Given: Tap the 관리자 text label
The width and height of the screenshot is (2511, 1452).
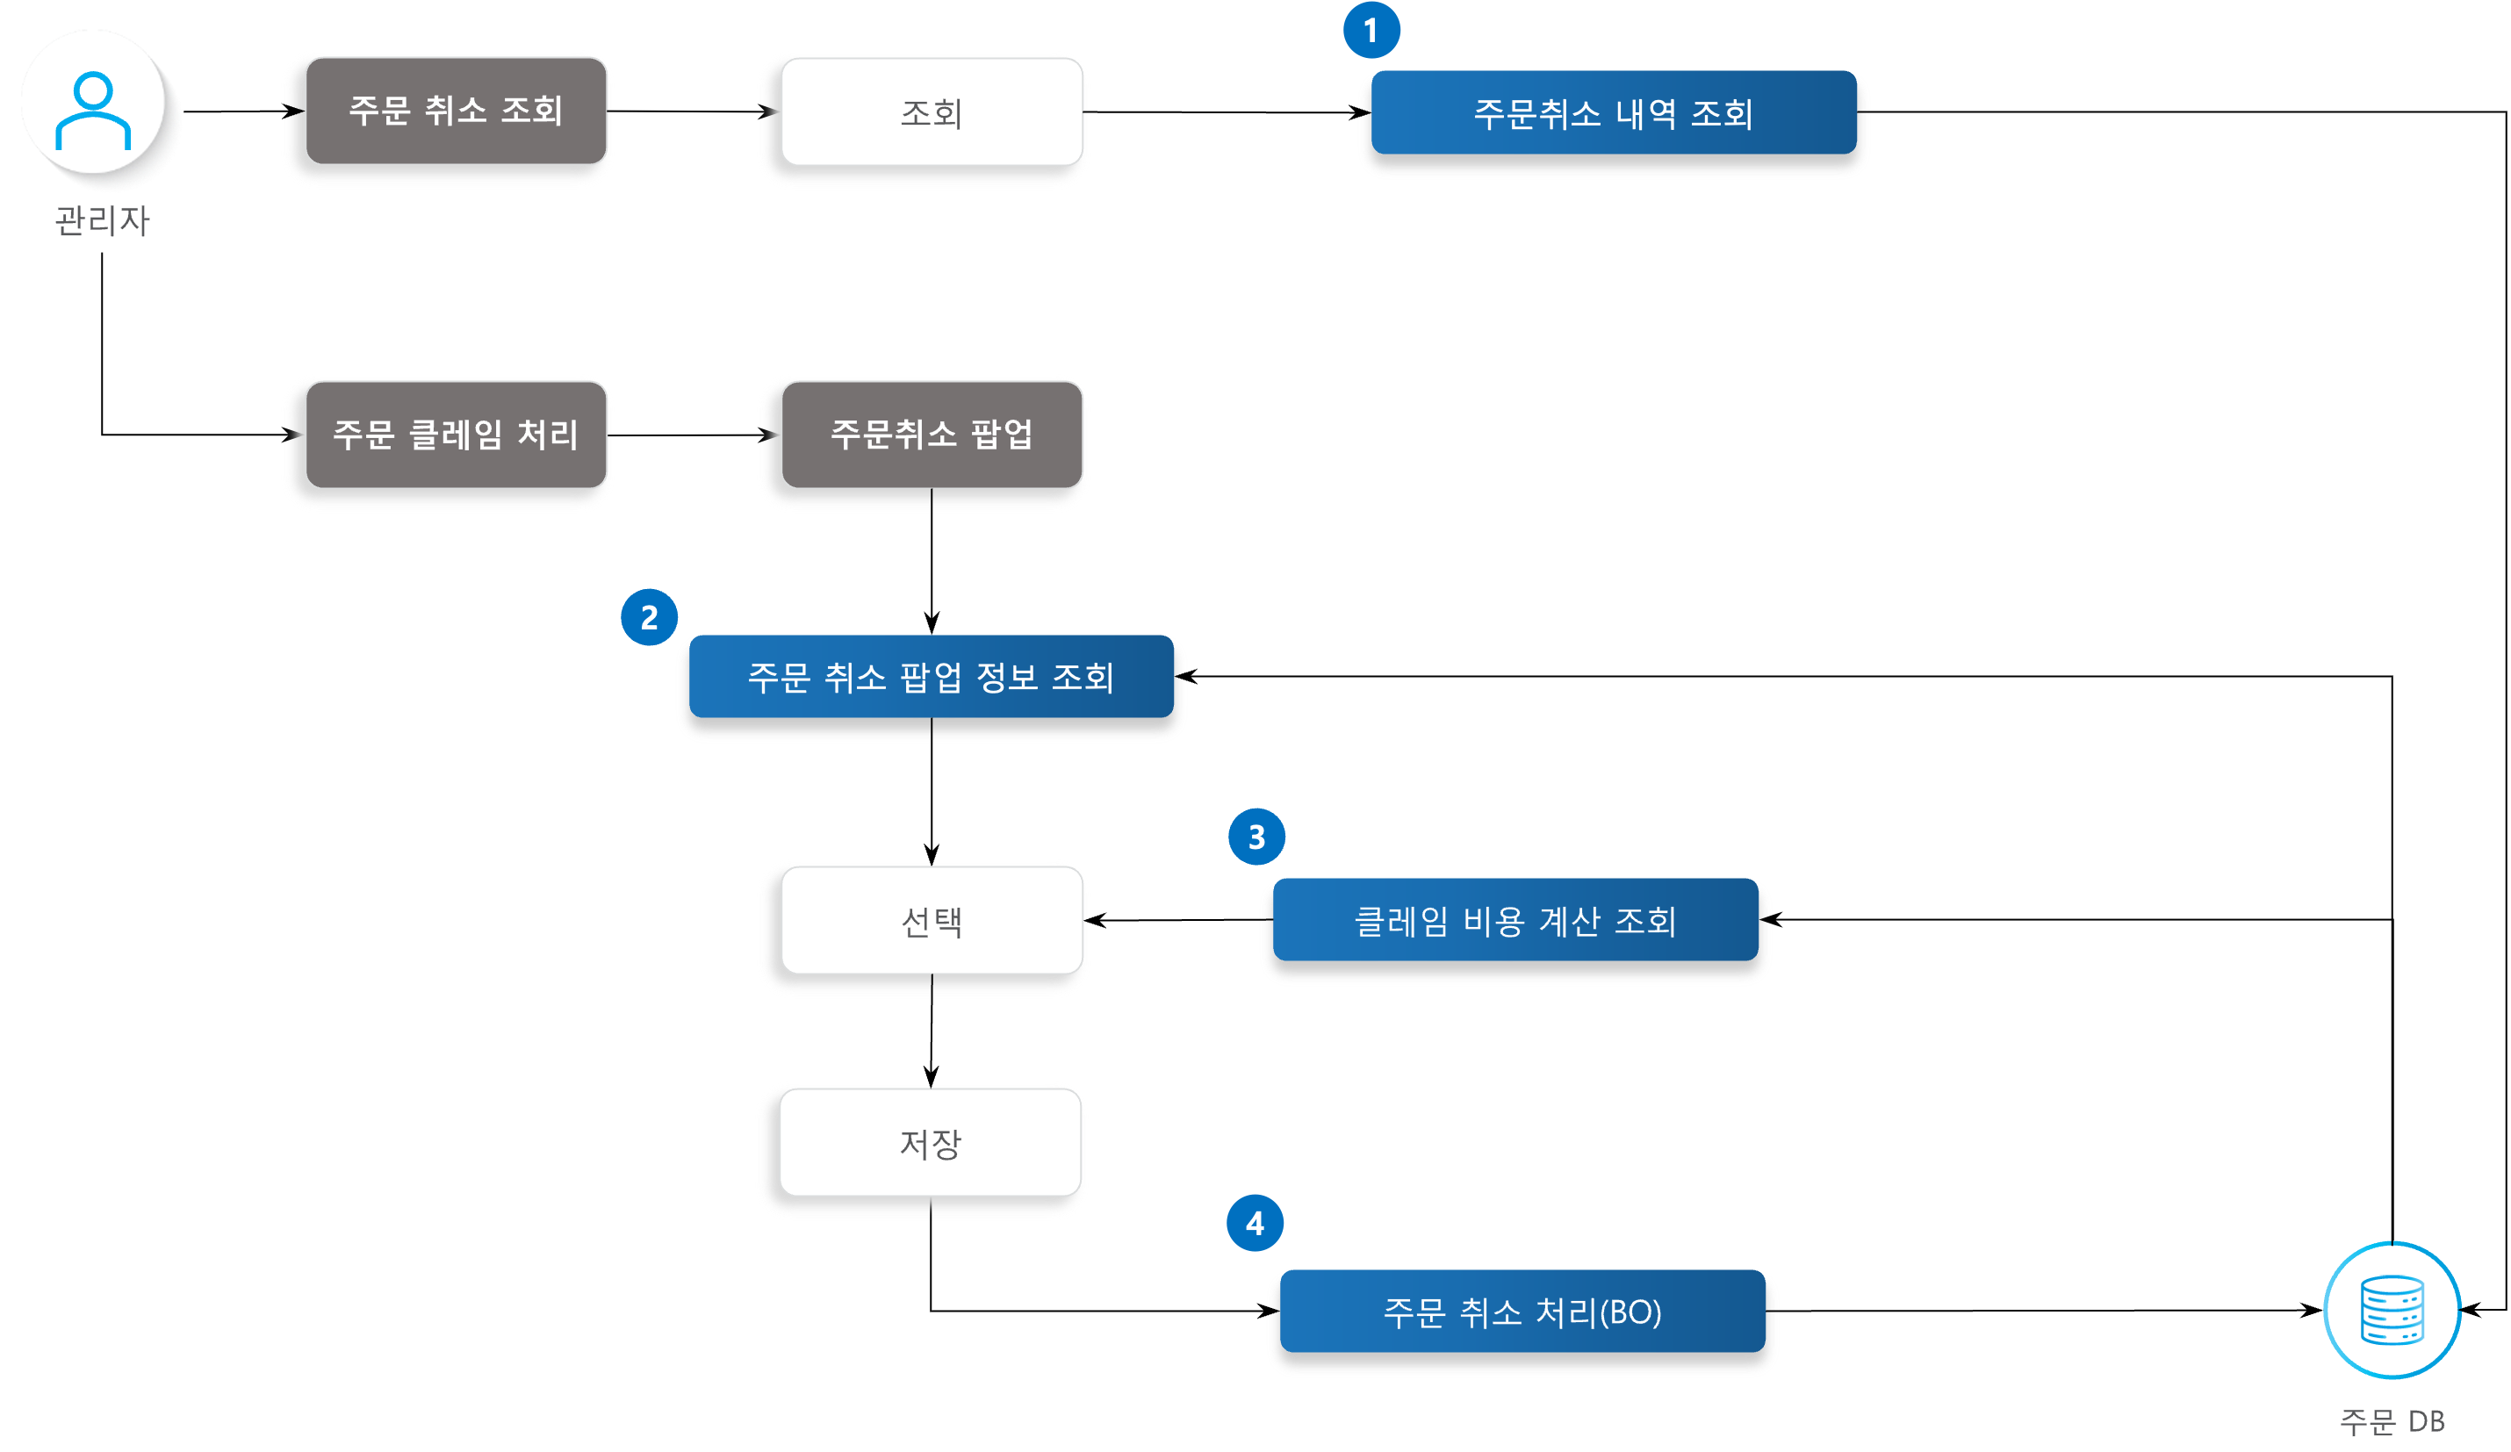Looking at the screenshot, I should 102,220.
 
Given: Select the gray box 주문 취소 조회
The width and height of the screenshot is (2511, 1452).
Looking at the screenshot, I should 456,111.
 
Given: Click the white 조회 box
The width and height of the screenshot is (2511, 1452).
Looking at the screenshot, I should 931,112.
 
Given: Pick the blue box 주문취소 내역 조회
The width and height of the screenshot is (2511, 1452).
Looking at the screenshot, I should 1612,113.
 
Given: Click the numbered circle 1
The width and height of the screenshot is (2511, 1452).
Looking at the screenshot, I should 1371,31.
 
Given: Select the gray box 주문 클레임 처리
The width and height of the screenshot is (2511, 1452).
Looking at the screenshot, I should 456,435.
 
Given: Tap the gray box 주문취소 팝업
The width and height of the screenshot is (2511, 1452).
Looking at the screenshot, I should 931,435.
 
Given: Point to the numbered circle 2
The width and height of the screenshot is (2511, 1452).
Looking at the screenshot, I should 649,618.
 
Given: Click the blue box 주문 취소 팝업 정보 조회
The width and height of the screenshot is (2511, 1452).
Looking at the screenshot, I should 931,678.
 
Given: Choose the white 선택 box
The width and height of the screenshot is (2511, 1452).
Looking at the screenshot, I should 931,921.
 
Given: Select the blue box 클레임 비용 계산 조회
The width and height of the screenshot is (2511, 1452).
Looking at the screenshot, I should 1515,921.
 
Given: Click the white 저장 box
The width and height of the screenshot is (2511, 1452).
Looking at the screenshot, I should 930,1143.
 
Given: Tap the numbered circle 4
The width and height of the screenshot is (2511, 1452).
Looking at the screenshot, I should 1255,1224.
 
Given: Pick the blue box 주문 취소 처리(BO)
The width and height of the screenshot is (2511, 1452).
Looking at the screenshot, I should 1522,1312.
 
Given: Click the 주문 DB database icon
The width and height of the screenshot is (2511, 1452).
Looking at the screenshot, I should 2392,1311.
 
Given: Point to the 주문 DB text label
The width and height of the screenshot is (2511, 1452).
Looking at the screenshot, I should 2392,1421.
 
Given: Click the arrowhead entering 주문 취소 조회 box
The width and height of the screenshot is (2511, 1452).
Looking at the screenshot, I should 293,111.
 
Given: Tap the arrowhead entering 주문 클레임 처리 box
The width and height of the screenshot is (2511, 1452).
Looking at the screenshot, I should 290,435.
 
